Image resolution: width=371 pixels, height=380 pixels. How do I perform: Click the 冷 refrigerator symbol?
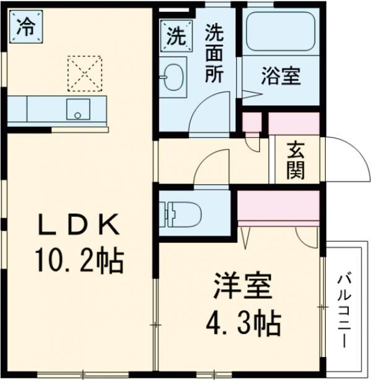(25, 27)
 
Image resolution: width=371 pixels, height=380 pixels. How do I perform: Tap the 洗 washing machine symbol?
(174, 36)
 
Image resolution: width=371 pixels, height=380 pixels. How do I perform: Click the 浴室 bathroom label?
(280, 77)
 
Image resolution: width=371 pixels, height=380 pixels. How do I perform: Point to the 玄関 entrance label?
(295, 160)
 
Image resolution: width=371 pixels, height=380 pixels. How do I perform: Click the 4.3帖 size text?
(242, 322)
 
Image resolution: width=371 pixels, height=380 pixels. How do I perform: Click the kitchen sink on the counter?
(77, 109)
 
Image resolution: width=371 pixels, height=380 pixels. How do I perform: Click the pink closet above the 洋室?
(278, 208)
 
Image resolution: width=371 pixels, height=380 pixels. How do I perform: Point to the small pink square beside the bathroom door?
(252, 124)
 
